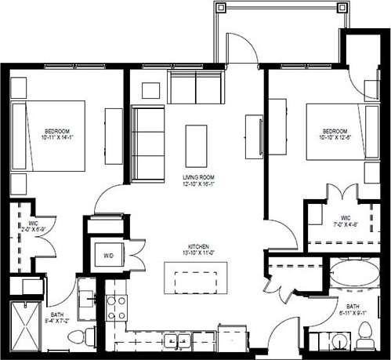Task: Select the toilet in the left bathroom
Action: [x=77, y=338]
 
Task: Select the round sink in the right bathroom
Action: [x=338, y=342]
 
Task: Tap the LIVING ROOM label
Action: [x=198, y=179]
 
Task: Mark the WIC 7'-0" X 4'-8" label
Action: [x=345, y=221]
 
